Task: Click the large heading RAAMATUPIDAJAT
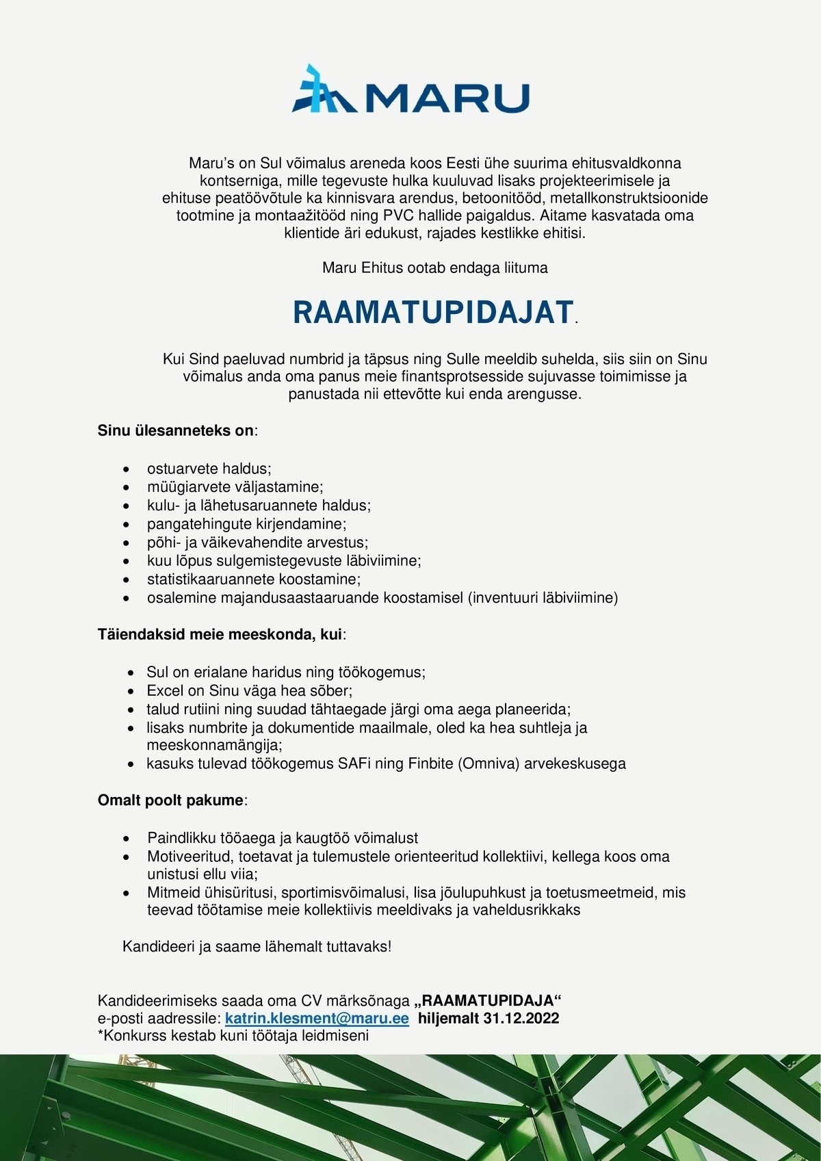click(x=432, y=312)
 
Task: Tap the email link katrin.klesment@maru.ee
click(x=317, y=1018)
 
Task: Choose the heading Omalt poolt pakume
click(x=171, y=800)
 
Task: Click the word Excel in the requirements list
click(x=166, y=690)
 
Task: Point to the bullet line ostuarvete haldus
click(x=209, y=469)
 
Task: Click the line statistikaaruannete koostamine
click(x=253, y=579)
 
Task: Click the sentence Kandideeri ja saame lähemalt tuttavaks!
click(x=257, y=947)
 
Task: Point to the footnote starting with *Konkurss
click(x=233, y=1035)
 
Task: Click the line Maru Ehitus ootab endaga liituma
click(x=434, y=268)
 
